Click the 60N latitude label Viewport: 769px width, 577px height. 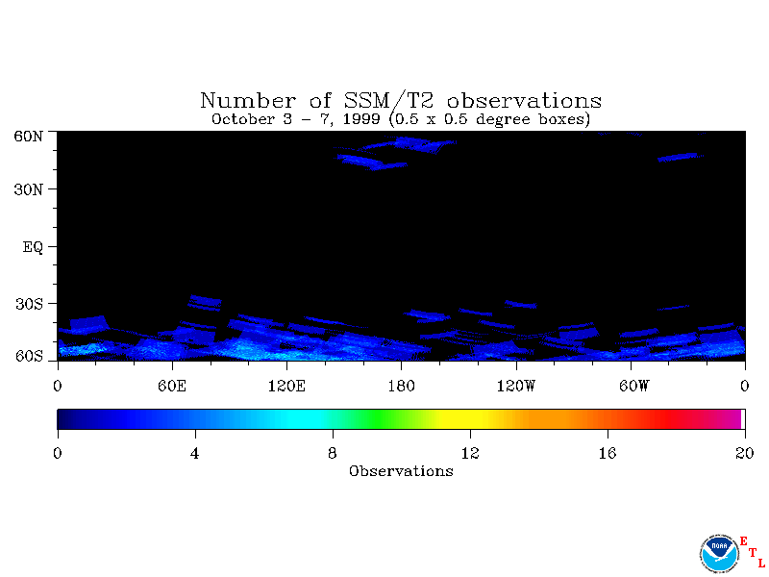pos(29,137)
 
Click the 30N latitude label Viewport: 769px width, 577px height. pos(29,189)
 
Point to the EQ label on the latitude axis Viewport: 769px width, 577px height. pos(33,247)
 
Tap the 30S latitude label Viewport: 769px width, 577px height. pos(29,304)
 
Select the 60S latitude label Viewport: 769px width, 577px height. pos(29,356)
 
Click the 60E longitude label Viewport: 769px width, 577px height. pos(172,387)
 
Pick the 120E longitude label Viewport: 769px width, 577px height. pos(286,387)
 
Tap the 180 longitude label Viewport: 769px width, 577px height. pos(401,387)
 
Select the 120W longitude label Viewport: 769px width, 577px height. pos(516,387)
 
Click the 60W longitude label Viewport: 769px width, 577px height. pos(633,387)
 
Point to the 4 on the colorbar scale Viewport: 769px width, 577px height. pos(195,453)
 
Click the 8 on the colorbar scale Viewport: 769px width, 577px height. pos(333,453)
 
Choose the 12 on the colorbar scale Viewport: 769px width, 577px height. pos(470,453)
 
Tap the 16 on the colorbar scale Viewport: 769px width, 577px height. pos(608,453)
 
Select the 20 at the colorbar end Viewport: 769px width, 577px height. pos(744,453)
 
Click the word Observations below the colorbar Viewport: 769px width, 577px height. pos(401,471)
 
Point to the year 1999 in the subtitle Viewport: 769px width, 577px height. pos(361,119)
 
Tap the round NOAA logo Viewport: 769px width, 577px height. pos(719,554)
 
